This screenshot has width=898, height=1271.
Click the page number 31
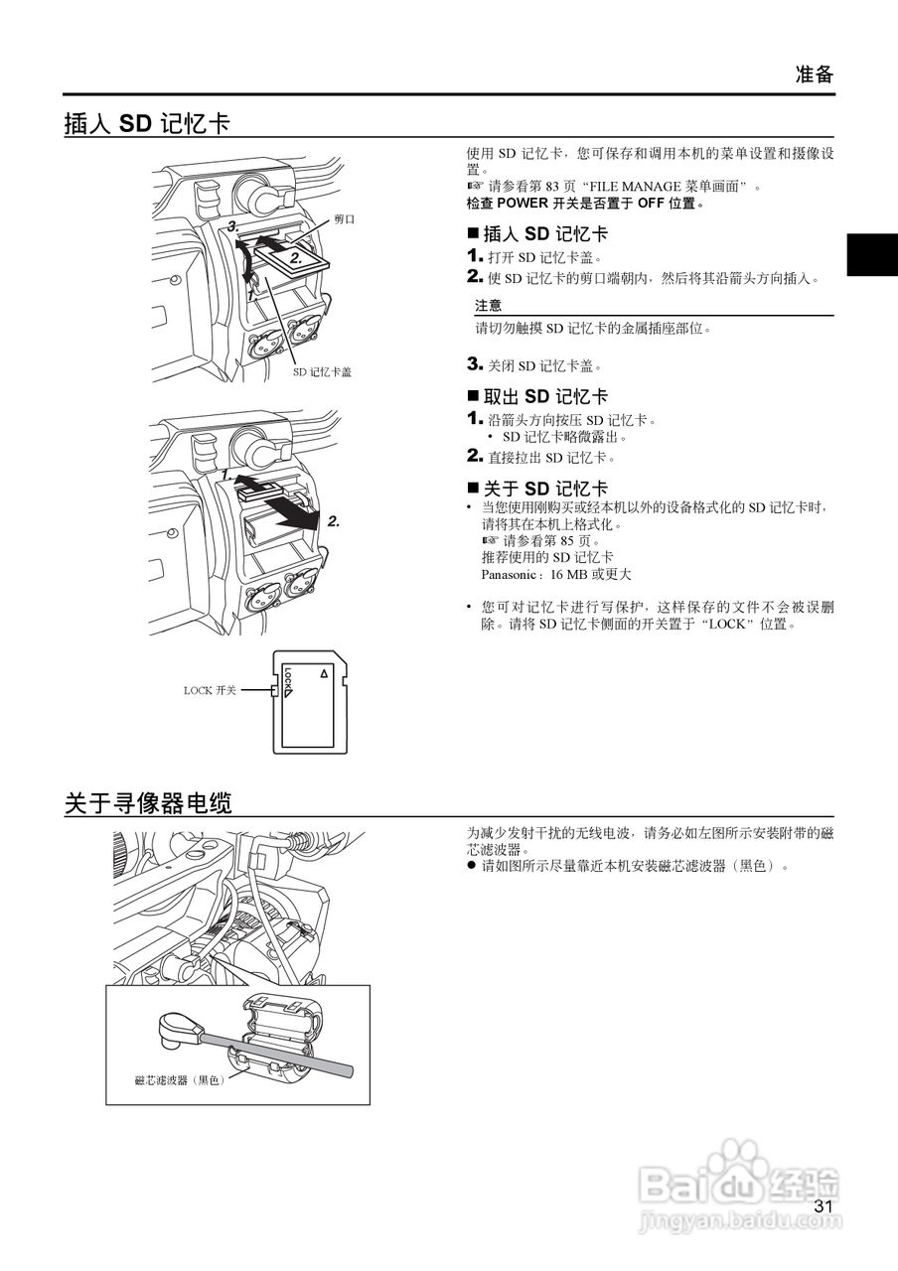[x=822, y=1206]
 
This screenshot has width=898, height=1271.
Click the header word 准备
[x=815, y=74]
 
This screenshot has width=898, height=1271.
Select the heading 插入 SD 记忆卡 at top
[x=147, y=124]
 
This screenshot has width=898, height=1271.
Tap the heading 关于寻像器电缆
[x=148, y=803]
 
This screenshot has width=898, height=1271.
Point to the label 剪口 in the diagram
[x=345, y=219]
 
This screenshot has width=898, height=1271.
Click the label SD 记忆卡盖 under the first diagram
[x=322, y=371]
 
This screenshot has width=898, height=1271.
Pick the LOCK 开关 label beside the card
[x=210, y=690]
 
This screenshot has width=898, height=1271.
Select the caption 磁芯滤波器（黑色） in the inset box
[x=180, y=1079]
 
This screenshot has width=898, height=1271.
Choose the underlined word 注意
[x=488, y=306]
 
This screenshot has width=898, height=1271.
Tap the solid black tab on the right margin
[x=871, y=255]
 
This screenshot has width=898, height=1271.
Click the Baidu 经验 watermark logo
[x=740, y=1182]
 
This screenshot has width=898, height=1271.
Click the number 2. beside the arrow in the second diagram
[x=334, y=521]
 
